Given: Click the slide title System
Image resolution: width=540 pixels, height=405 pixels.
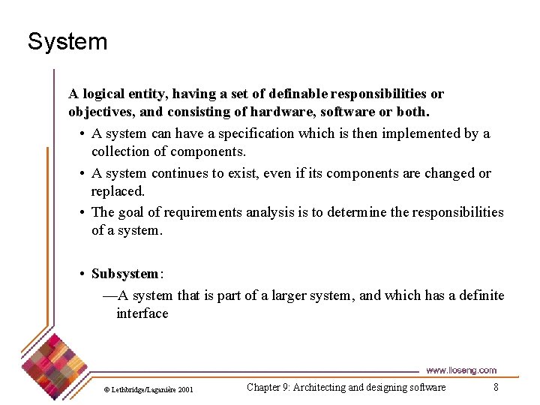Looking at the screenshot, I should click(x=67, y=41).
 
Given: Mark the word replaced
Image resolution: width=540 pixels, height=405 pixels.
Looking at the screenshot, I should click(x=118, y=191).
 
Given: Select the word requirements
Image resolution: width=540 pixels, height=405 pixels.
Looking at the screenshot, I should click(x=203, y=212).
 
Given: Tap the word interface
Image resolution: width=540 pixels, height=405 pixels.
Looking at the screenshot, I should click(x=142, y=313).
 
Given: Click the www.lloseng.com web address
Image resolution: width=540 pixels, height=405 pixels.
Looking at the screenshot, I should click(x=461, y=370).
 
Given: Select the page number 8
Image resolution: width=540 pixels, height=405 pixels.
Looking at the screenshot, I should click(x=496, y=388).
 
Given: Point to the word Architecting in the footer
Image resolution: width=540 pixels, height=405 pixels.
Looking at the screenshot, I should click(x=319, y=388).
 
